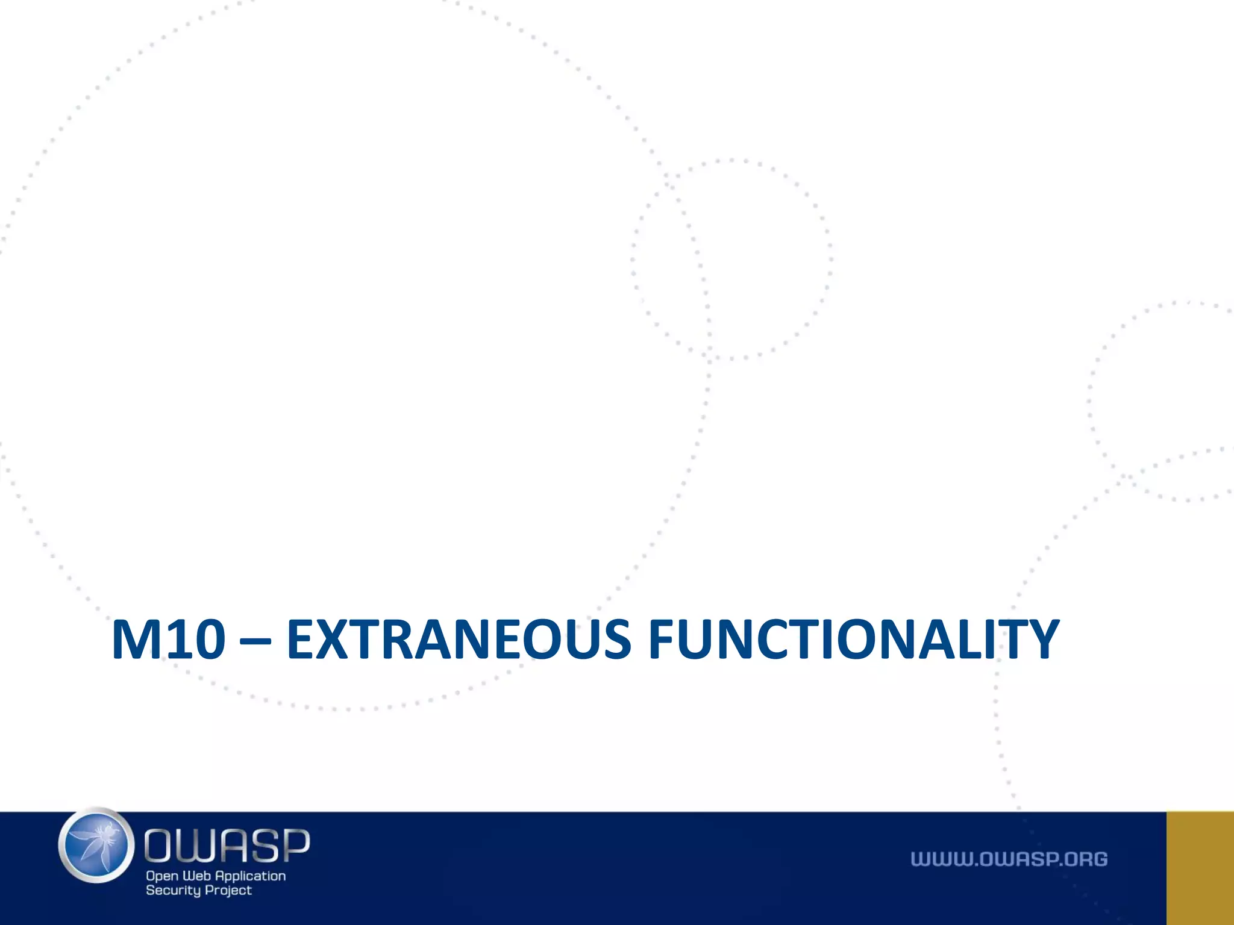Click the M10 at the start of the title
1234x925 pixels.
tap(168, 640)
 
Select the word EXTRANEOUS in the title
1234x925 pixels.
tap(459, 640)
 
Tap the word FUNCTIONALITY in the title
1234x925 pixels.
tap(853, 640)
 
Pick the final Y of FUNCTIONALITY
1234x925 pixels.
tap(1038, 640)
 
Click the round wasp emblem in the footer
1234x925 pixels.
tap(96, 846)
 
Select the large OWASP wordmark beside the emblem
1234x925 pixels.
tap(227, 845)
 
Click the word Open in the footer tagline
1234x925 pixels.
tap(162, 876)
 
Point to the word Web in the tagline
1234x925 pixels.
tap(196, 876)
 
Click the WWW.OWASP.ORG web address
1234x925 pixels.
tap(1009, 859)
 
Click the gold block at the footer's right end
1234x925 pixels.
tap(1200, 868)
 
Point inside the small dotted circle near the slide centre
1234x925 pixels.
tap(732, 259)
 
